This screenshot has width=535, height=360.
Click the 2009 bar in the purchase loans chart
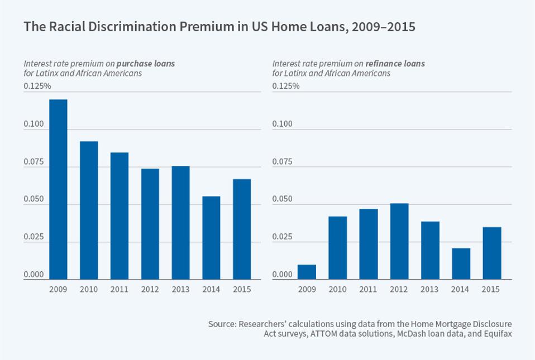58,189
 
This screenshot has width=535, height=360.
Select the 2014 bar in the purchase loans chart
211,238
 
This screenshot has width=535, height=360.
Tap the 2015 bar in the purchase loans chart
241,229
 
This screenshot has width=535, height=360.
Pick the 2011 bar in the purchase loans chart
120,215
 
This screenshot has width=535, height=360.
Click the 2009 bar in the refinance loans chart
307,272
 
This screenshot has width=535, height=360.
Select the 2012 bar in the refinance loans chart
399,241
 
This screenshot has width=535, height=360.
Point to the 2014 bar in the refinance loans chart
461,263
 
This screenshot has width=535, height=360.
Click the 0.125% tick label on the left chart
37,86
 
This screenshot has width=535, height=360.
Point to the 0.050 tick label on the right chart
282,200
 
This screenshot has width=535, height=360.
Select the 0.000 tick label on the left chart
33,275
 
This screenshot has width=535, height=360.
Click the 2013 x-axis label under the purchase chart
180,289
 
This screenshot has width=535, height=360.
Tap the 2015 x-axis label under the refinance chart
490,289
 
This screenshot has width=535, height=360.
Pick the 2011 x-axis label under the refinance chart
368,289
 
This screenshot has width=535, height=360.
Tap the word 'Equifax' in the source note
498,334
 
